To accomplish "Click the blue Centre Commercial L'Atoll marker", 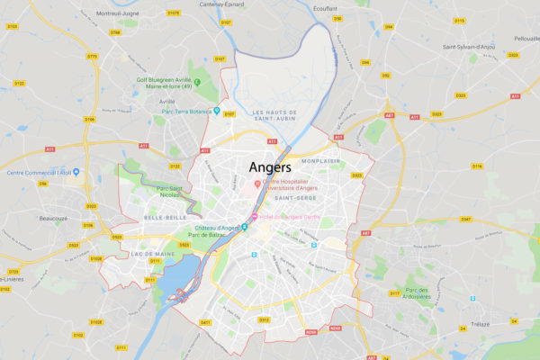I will [x=76, y=171].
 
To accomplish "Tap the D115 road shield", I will [x=459, y=20].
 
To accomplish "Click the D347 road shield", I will [x=465, y=219].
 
